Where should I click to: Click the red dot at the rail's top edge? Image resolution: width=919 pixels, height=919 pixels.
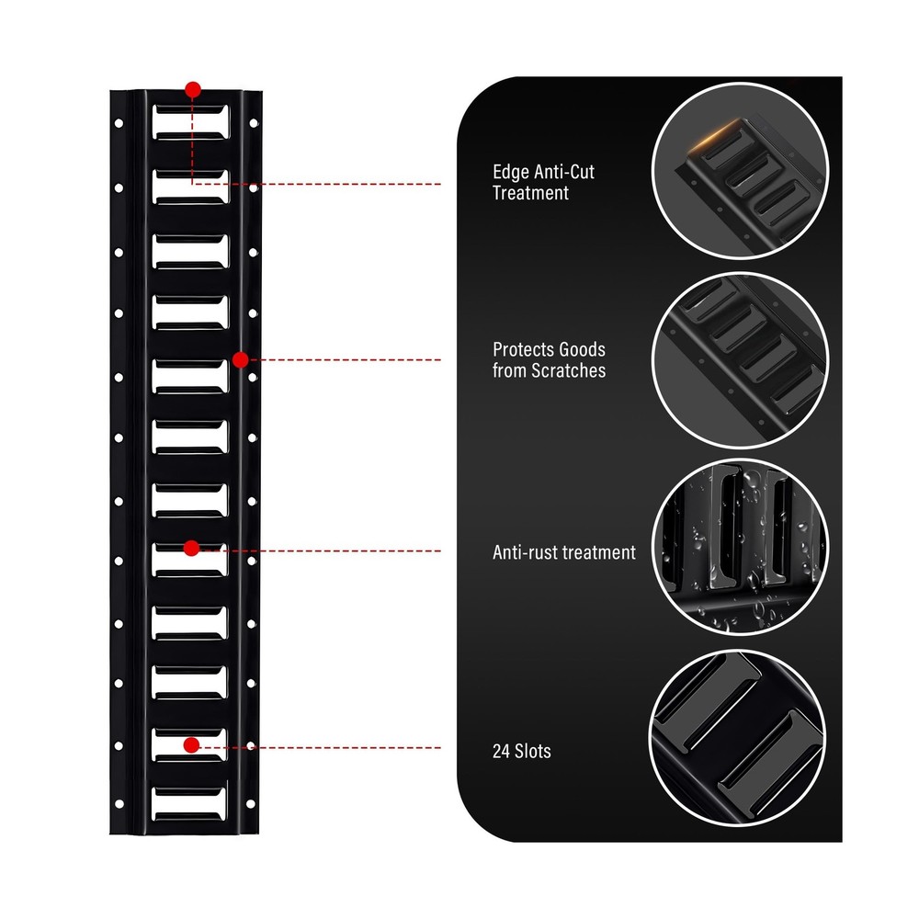193,90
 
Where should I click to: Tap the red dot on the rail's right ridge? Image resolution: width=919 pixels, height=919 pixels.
240,360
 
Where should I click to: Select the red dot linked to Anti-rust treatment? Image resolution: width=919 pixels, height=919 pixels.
192,548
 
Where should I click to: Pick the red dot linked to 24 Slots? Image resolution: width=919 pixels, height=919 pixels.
191,745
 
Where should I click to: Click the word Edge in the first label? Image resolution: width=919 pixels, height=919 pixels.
510,173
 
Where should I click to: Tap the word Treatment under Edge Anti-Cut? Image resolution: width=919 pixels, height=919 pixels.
530,193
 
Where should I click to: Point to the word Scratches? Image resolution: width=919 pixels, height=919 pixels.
568,370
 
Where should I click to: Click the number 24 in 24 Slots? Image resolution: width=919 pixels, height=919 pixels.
501,752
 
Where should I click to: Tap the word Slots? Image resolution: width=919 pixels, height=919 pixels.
532,752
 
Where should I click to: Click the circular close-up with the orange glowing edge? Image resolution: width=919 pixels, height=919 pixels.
740,171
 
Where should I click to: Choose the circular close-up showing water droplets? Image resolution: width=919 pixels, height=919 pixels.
740,547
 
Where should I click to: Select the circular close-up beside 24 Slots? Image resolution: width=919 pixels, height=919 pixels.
738,738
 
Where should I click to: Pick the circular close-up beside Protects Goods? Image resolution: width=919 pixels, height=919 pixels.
740,360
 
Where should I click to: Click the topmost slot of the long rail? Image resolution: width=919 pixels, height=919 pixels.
191,122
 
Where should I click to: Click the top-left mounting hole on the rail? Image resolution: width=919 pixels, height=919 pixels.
119,123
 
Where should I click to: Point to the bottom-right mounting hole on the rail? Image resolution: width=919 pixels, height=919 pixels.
250,803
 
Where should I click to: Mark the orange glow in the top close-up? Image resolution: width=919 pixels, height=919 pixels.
715,136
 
